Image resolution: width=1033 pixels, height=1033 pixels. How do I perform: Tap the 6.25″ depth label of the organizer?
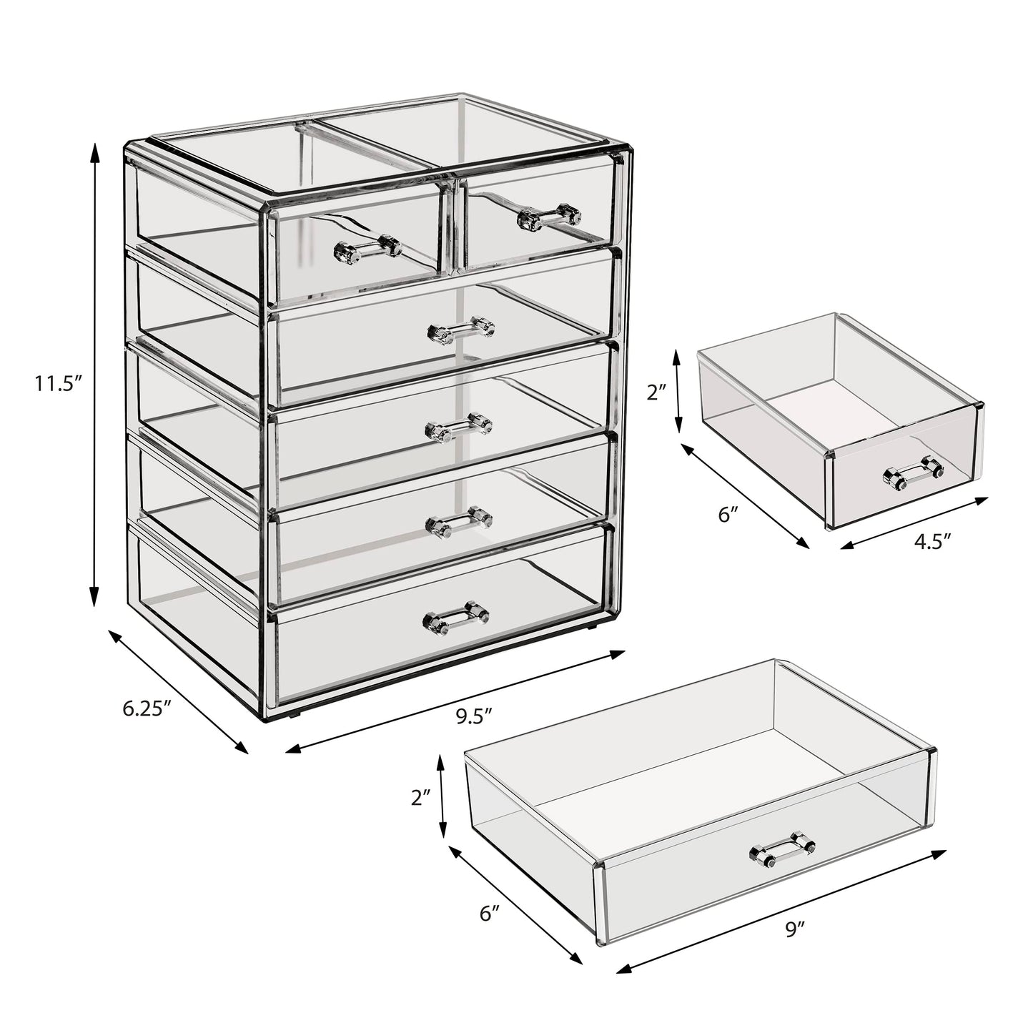pyautogui.click(x=147, y=708)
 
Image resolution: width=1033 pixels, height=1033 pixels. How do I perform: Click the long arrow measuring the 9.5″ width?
pyautogui.click(x=455, y=701)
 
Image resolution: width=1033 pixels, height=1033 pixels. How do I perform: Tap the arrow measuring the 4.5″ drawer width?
pyautogui.click(x=914, y=524)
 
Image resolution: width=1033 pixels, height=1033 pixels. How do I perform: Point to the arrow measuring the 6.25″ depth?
pyautogui.click(x=178, y=691)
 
